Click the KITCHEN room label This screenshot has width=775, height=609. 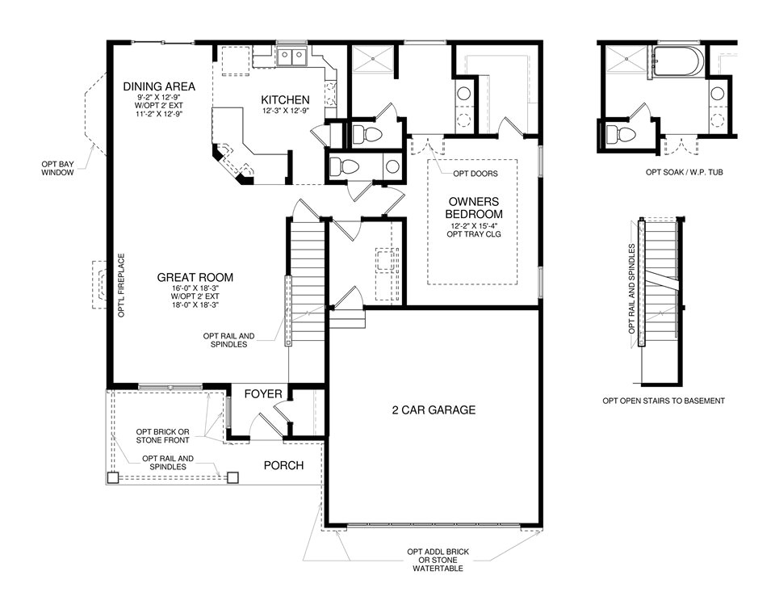click(285, 99)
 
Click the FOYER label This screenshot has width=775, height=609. click(264, 394)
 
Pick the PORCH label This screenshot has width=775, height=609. click(283, 465)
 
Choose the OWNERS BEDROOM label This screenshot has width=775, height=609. click(474, 208)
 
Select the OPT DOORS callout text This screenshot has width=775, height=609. click(475, 173)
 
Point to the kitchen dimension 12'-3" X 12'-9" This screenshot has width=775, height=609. click(285, 111)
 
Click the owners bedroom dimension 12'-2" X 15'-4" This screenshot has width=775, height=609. click(474, 225)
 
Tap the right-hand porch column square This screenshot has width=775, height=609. click(233, 477)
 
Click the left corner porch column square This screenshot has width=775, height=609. click(111, 478)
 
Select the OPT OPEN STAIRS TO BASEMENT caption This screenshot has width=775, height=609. click(663, 401)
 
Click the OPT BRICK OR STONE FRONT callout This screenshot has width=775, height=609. click(162, 435)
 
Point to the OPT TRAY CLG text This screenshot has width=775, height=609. click(474, 234)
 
